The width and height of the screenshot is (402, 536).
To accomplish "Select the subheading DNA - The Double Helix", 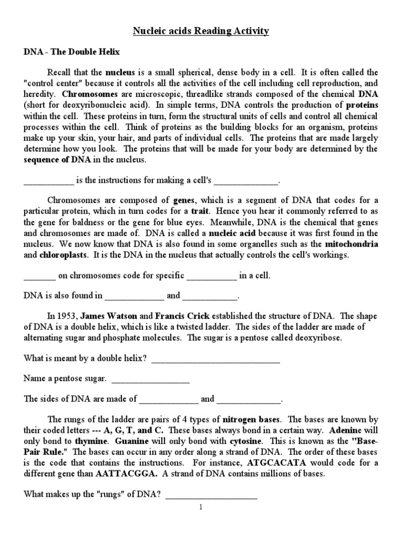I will point(72,52).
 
